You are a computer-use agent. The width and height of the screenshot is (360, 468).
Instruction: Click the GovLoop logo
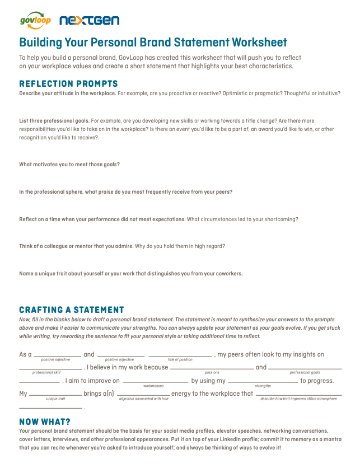tap(35, 20)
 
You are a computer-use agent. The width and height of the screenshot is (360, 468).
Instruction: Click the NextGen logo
tap(89, 21)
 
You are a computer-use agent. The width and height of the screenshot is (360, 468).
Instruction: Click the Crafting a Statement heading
tap(72, 310)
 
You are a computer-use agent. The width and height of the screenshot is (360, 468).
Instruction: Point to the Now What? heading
tap(45, 422)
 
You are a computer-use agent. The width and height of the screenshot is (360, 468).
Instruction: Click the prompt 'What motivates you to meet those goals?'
tap(69, 165)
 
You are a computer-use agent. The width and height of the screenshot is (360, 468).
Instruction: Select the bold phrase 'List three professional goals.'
tap(54, 120)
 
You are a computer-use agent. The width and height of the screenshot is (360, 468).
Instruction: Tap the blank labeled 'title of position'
tap(180, 355)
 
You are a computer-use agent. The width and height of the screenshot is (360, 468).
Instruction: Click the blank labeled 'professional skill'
tap(50, 368)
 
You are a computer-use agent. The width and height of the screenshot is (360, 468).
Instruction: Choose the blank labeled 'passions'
tap(212, 368)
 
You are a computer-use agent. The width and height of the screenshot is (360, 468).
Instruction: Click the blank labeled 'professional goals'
tap(305, 368)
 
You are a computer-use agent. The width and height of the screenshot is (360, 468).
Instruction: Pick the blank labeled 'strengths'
tap(263, 381)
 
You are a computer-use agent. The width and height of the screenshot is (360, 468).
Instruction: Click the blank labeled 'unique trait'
tap(55, 394)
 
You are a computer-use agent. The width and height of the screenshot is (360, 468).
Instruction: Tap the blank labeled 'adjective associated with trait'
tap(144, 394)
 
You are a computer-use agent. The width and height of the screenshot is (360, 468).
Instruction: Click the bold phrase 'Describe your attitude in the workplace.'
tap(68, 93)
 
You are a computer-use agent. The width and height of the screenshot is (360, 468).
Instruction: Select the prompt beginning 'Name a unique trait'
tap(130, 274)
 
